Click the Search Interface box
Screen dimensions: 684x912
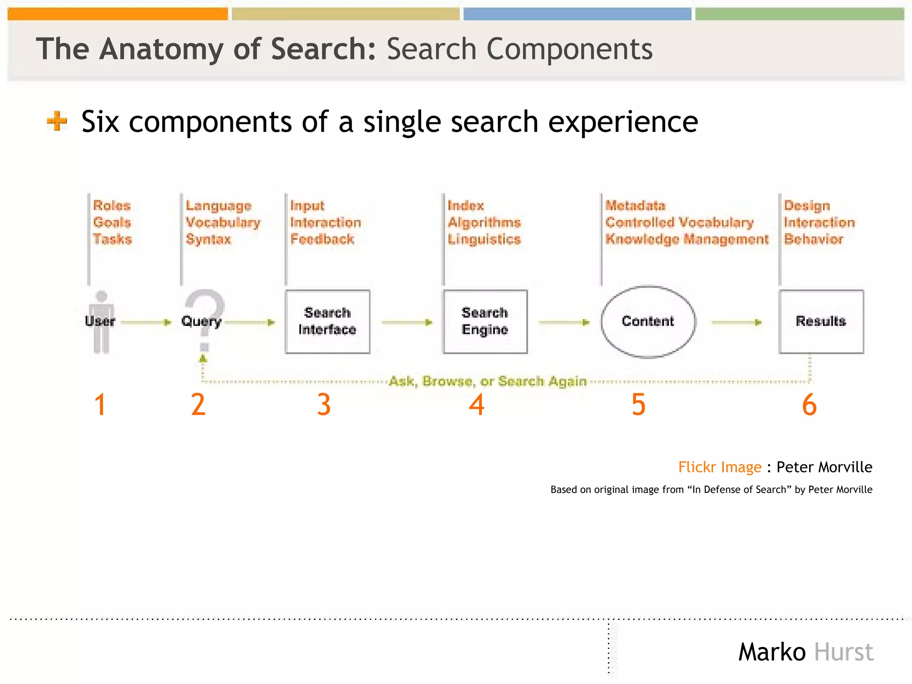[327, 322]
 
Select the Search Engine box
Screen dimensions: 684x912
[485, 322]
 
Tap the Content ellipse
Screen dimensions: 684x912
[648, 322]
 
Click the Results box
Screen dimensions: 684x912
[821, 322]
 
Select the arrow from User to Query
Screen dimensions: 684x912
[146, 322]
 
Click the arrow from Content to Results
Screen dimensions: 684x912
[737, 322]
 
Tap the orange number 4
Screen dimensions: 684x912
[476, 404]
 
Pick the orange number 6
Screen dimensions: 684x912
[809, 404]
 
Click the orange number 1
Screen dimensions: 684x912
[100, 404]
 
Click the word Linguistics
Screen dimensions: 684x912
[484, 239]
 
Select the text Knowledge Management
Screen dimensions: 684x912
[687, 239]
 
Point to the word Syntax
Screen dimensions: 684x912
[208, 239]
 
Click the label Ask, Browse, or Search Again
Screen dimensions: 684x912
[488, 381]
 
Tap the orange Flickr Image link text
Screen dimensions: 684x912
[720, 467]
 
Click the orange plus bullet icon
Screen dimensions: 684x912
[57, 121]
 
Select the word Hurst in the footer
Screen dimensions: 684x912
[843, 652]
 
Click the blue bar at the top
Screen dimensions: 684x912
[577, 14]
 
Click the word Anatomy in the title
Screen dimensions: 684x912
[161, 49]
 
